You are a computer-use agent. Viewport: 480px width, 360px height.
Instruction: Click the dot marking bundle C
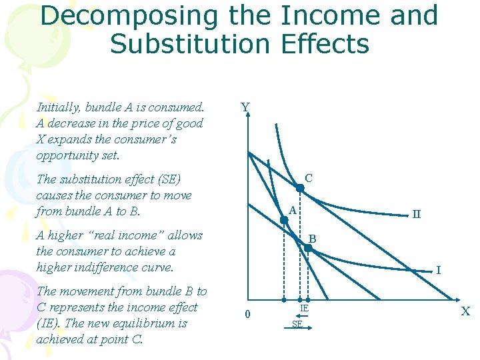pos(300,189)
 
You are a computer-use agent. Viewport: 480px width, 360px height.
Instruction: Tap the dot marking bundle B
pos(308,248)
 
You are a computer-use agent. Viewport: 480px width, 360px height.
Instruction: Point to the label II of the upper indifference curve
pos(416,215)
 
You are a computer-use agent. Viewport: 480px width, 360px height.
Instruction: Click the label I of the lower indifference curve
pos(438,271)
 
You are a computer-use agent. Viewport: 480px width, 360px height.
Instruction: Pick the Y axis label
pos(245,107)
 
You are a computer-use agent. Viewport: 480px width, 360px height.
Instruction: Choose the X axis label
pos(465,311)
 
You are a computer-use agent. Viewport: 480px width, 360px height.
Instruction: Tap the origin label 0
pos(247,315)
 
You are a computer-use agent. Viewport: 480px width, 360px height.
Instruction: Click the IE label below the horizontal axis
pos(303,308)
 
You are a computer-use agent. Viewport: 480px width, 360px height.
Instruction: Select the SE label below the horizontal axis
pos(297,325)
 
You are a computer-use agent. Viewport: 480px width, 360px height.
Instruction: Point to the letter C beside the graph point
pos(309,178)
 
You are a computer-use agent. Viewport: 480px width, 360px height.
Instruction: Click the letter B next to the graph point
pos(312,238)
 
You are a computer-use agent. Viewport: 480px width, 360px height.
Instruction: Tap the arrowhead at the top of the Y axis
pos(247,115)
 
